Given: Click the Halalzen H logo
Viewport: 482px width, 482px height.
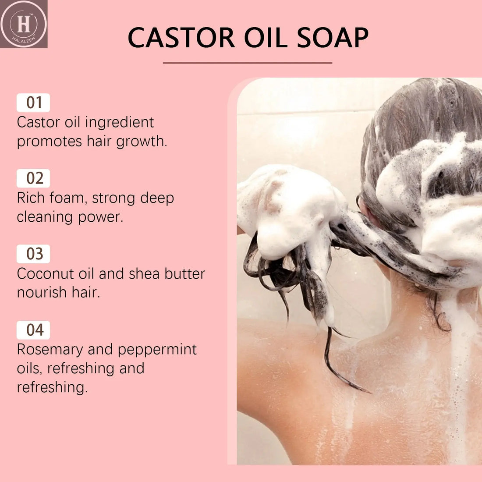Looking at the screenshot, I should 24,24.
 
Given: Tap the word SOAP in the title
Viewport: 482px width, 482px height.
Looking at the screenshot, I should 333,38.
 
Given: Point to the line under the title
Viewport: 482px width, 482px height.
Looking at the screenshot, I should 247,63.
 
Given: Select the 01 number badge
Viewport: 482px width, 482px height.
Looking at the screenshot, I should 33,103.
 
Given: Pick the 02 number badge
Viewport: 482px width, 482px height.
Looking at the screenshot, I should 33,178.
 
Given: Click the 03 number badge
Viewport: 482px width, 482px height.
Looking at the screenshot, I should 33,254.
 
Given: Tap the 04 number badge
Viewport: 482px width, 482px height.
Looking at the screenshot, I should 33,330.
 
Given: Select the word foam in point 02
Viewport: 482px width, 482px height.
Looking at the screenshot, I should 66,198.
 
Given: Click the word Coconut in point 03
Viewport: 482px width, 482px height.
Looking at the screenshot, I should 46,273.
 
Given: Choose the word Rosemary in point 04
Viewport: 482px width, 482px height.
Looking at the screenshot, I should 50,350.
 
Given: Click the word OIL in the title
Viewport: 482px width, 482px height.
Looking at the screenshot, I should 266,38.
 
